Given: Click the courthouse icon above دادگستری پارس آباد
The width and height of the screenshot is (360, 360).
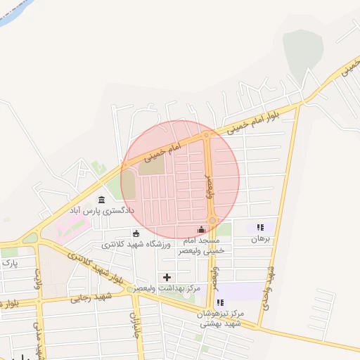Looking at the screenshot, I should click(102, 200).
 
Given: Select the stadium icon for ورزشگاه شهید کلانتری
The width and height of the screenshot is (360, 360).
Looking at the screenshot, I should click(136, 234).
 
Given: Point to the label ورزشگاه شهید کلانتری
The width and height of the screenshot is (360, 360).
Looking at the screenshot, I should click(136, 245).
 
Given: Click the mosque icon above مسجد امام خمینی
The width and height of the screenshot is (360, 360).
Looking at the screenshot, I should click(202, 229).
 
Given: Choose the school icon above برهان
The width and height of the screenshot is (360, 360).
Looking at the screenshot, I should click(260, 228).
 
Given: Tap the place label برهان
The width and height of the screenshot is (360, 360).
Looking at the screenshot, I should click(260, 239).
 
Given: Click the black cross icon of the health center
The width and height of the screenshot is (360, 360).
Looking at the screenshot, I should click(167, 277).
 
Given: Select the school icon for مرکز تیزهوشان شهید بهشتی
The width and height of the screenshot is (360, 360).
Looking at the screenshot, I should click(221, 303).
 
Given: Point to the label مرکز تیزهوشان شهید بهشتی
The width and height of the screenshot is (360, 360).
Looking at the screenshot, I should click(221, 319).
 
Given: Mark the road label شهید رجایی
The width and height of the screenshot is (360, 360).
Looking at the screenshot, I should click(89, 298).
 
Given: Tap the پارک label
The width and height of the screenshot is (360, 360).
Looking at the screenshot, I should click(10, 263).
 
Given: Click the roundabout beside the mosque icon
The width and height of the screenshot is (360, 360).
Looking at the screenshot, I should click(212, 221).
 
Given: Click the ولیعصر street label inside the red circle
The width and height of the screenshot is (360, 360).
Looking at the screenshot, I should click(209, 186).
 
